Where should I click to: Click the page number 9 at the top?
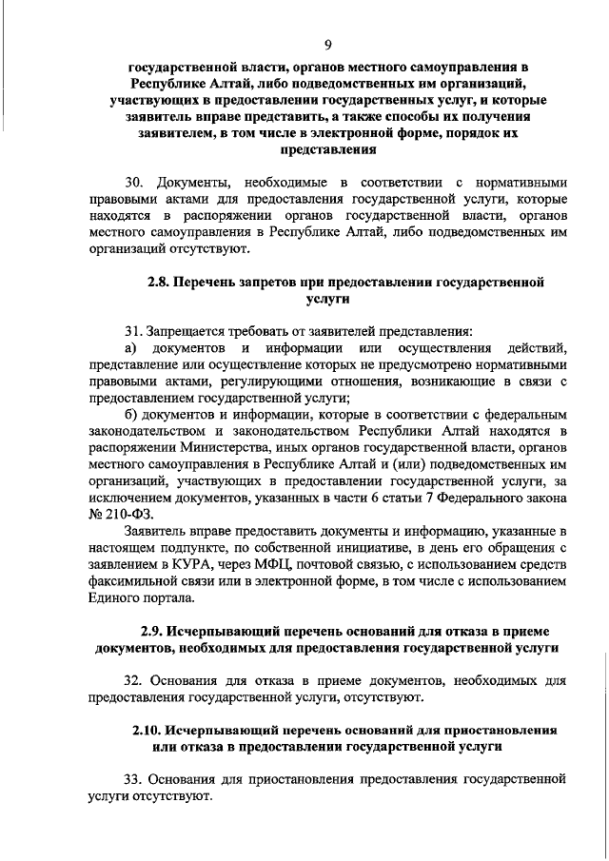click(x=326, y=44)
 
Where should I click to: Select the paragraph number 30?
click(x=136, y=182)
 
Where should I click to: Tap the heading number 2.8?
click(x=162, y=283)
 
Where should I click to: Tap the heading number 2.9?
click(x=154, y=632)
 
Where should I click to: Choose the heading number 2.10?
click(x=148, y=731)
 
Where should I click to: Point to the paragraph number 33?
click(x=135, y=780)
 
